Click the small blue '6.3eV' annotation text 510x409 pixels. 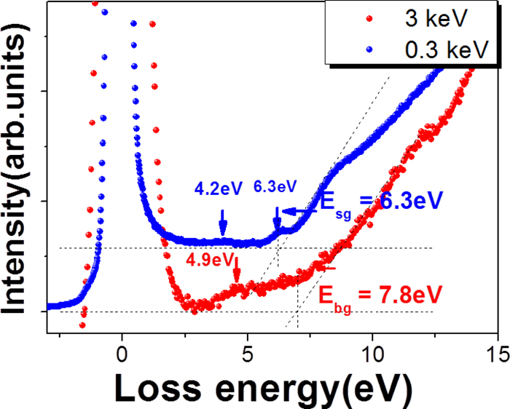point(275,187)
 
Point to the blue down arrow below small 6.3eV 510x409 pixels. point(277,219)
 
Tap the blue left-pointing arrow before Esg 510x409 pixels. point(294,212)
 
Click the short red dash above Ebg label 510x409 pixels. point(331,269)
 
